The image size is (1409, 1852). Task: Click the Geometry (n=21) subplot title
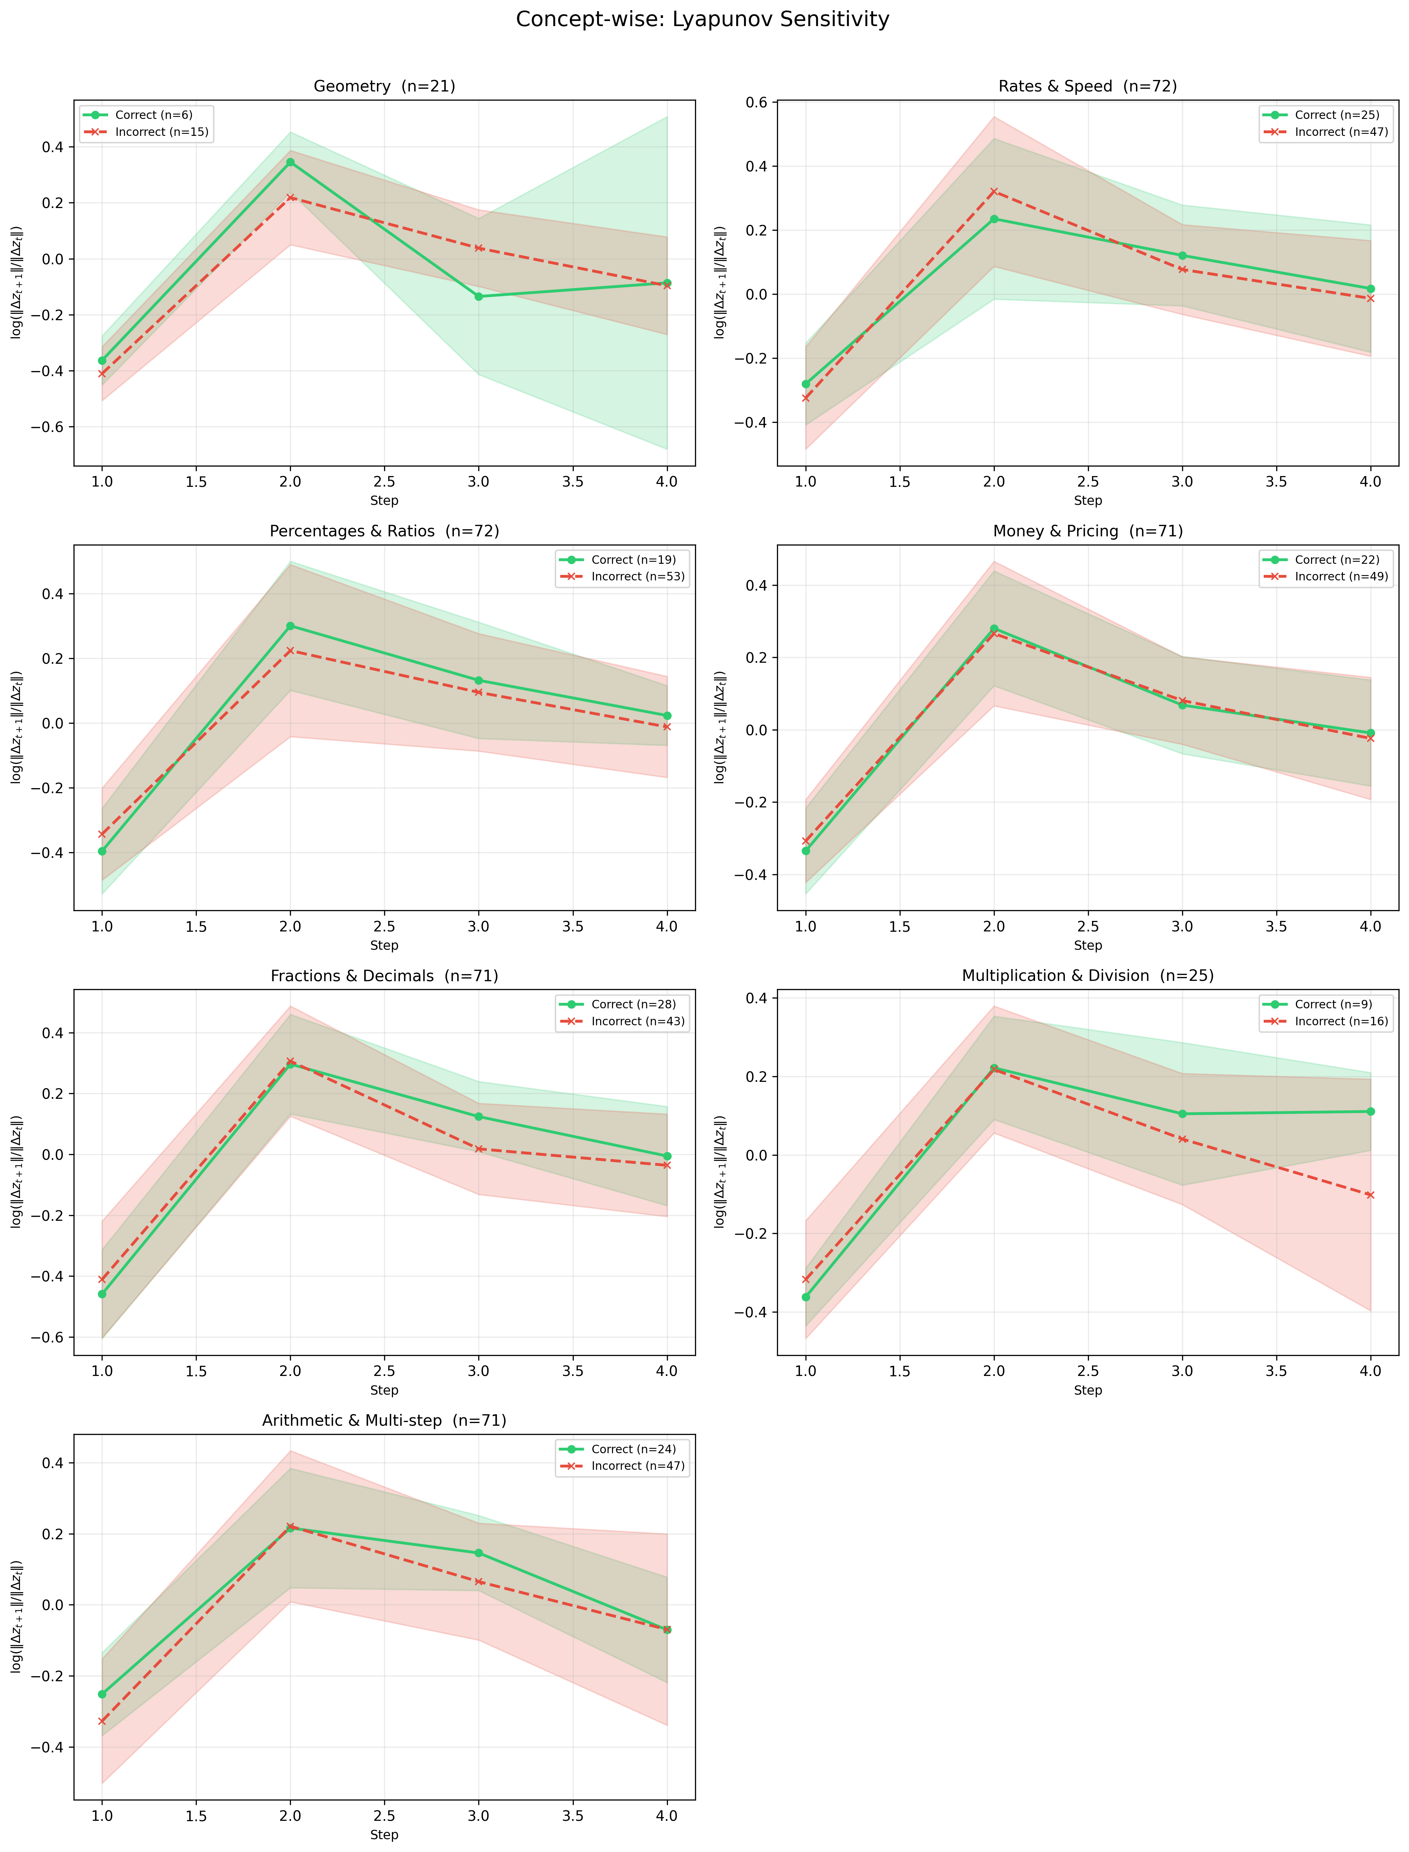384,86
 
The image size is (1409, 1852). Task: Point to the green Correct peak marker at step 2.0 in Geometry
290,162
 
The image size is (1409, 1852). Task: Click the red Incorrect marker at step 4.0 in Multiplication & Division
1370,1194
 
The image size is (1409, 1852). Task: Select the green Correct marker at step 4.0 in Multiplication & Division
1370,1111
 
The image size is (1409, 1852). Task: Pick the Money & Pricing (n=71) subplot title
1088,531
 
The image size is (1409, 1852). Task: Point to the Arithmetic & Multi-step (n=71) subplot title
384,1421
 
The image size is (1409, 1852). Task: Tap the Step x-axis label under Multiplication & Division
1088,1391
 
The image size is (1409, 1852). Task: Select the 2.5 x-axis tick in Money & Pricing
1088,926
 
